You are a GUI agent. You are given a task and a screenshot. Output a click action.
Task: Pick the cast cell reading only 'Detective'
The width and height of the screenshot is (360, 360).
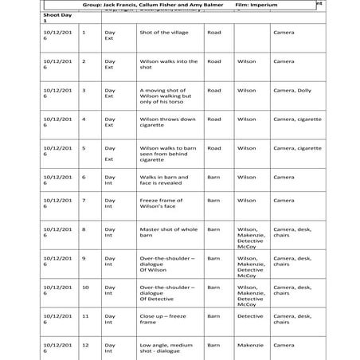click(x=250, y=316)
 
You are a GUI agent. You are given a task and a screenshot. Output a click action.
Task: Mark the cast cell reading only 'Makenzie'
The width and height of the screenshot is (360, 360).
click(x=250, y=346)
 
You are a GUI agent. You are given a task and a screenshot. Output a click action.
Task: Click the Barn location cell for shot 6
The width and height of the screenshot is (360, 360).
click(x=213, y=177)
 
